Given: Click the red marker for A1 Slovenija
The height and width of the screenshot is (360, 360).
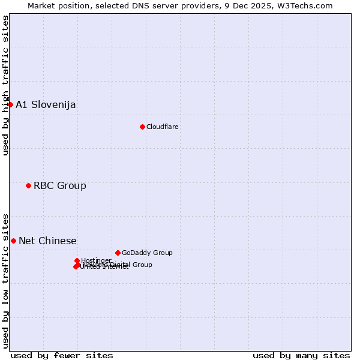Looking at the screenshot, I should click(10, 104).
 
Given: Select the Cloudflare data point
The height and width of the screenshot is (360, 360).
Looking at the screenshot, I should click(142, 127).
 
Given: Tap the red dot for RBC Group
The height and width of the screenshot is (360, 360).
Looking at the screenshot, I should click(28, 185).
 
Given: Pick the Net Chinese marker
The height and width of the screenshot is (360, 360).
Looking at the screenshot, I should click(13, 241).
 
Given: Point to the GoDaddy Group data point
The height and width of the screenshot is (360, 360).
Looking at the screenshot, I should click(118, 253).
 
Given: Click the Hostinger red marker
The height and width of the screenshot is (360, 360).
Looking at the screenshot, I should click(77, 260).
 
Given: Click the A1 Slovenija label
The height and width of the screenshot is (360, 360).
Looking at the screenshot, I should click(46, 105).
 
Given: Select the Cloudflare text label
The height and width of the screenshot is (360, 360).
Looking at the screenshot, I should click(162, 127).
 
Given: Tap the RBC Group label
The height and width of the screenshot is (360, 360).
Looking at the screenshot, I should click(59, 186).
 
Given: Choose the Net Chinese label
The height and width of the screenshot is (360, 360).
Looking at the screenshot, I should click(47, 241).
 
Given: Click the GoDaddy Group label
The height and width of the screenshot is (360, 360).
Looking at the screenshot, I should click(147, 253).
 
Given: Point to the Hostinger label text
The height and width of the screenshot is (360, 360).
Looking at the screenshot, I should click(96, 260).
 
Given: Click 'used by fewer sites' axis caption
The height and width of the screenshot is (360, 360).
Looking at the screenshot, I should click(62, 355).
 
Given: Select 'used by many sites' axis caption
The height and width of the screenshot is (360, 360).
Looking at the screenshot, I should click(301, 355).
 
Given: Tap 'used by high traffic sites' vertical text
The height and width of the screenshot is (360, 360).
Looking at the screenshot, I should click(5, 85).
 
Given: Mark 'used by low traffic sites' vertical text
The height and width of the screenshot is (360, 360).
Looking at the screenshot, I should click(5, 280).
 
